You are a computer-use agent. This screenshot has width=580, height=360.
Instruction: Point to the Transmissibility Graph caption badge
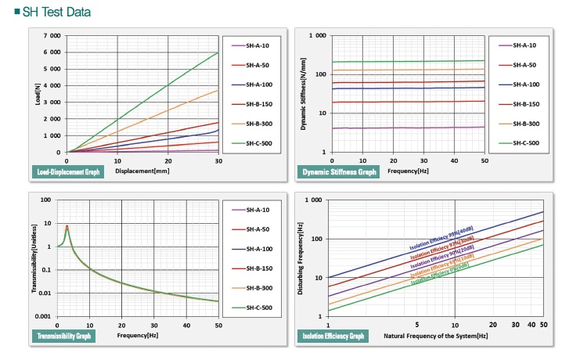[x=63, y=336]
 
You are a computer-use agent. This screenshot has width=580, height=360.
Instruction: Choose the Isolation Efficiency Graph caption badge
[x=331, y=336]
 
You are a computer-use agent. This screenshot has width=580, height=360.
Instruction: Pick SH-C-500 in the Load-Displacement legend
[x=256, y=144]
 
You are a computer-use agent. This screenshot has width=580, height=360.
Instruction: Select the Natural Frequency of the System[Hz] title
[x=436, y=336]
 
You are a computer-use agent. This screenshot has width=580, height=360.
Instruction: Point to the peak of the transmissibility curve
[x=67, y=226]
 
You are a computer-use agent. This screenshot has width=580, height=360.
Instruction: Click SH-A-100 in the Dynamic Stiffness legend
[x=524, y=85]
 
